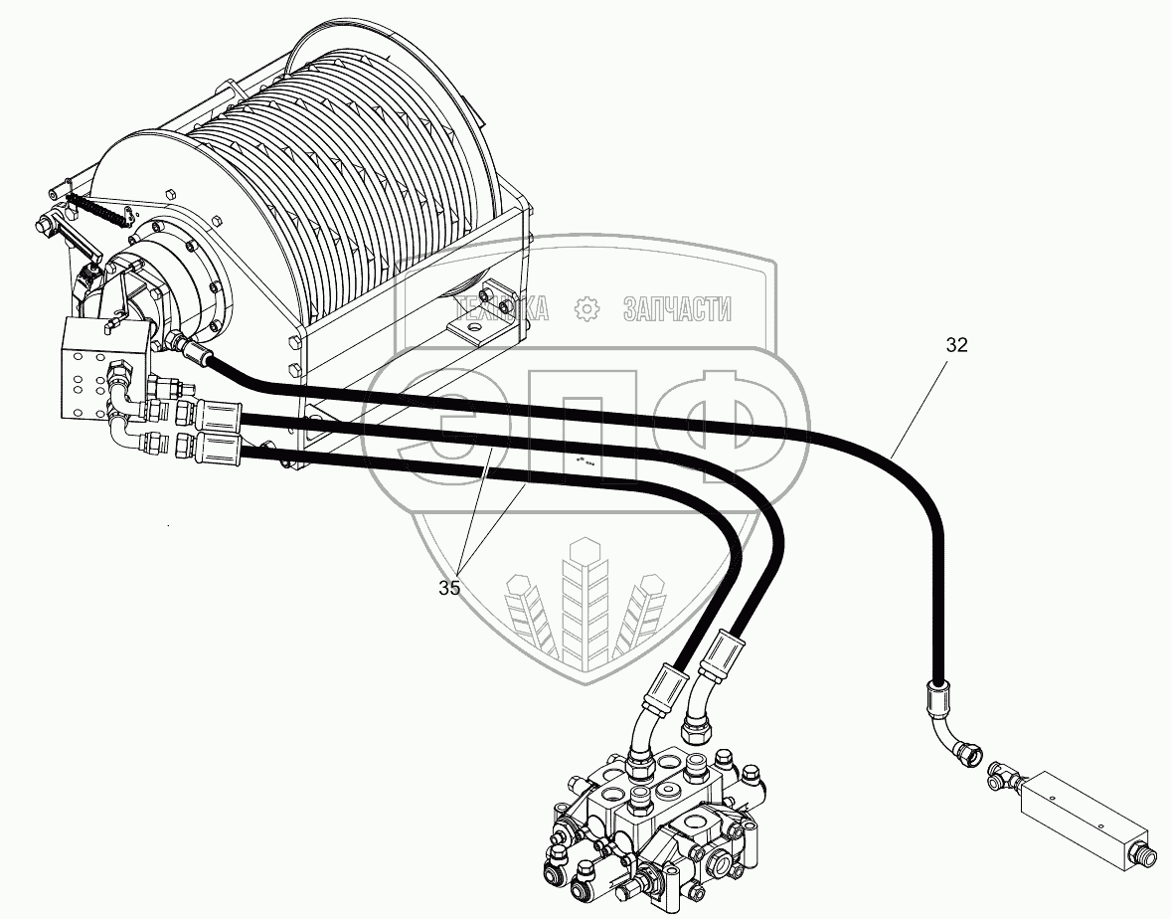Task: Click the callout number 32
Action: pyautogui.click(x=956, y=345)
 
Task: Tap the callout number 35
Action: pyautogui.click(x=449, y=588)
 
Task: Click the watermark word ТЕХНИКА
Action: pyautogui.click(x=497, y=309)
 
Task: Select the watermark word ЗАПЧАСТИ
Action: pyautogui.click(x=677, y=309)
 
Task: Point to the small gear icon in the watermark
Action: pyautogui.click(x=588, y=309)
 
